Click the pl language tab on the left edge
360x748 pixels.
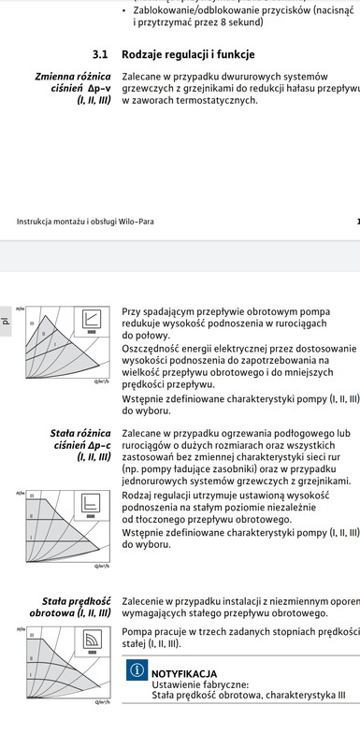point(6,320)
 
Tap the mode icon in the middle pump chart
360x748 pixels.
point(91,505)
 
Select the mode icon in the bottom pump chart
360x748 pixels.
point(91,639)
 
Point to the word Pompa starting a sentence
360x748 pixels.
point(138,633)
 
